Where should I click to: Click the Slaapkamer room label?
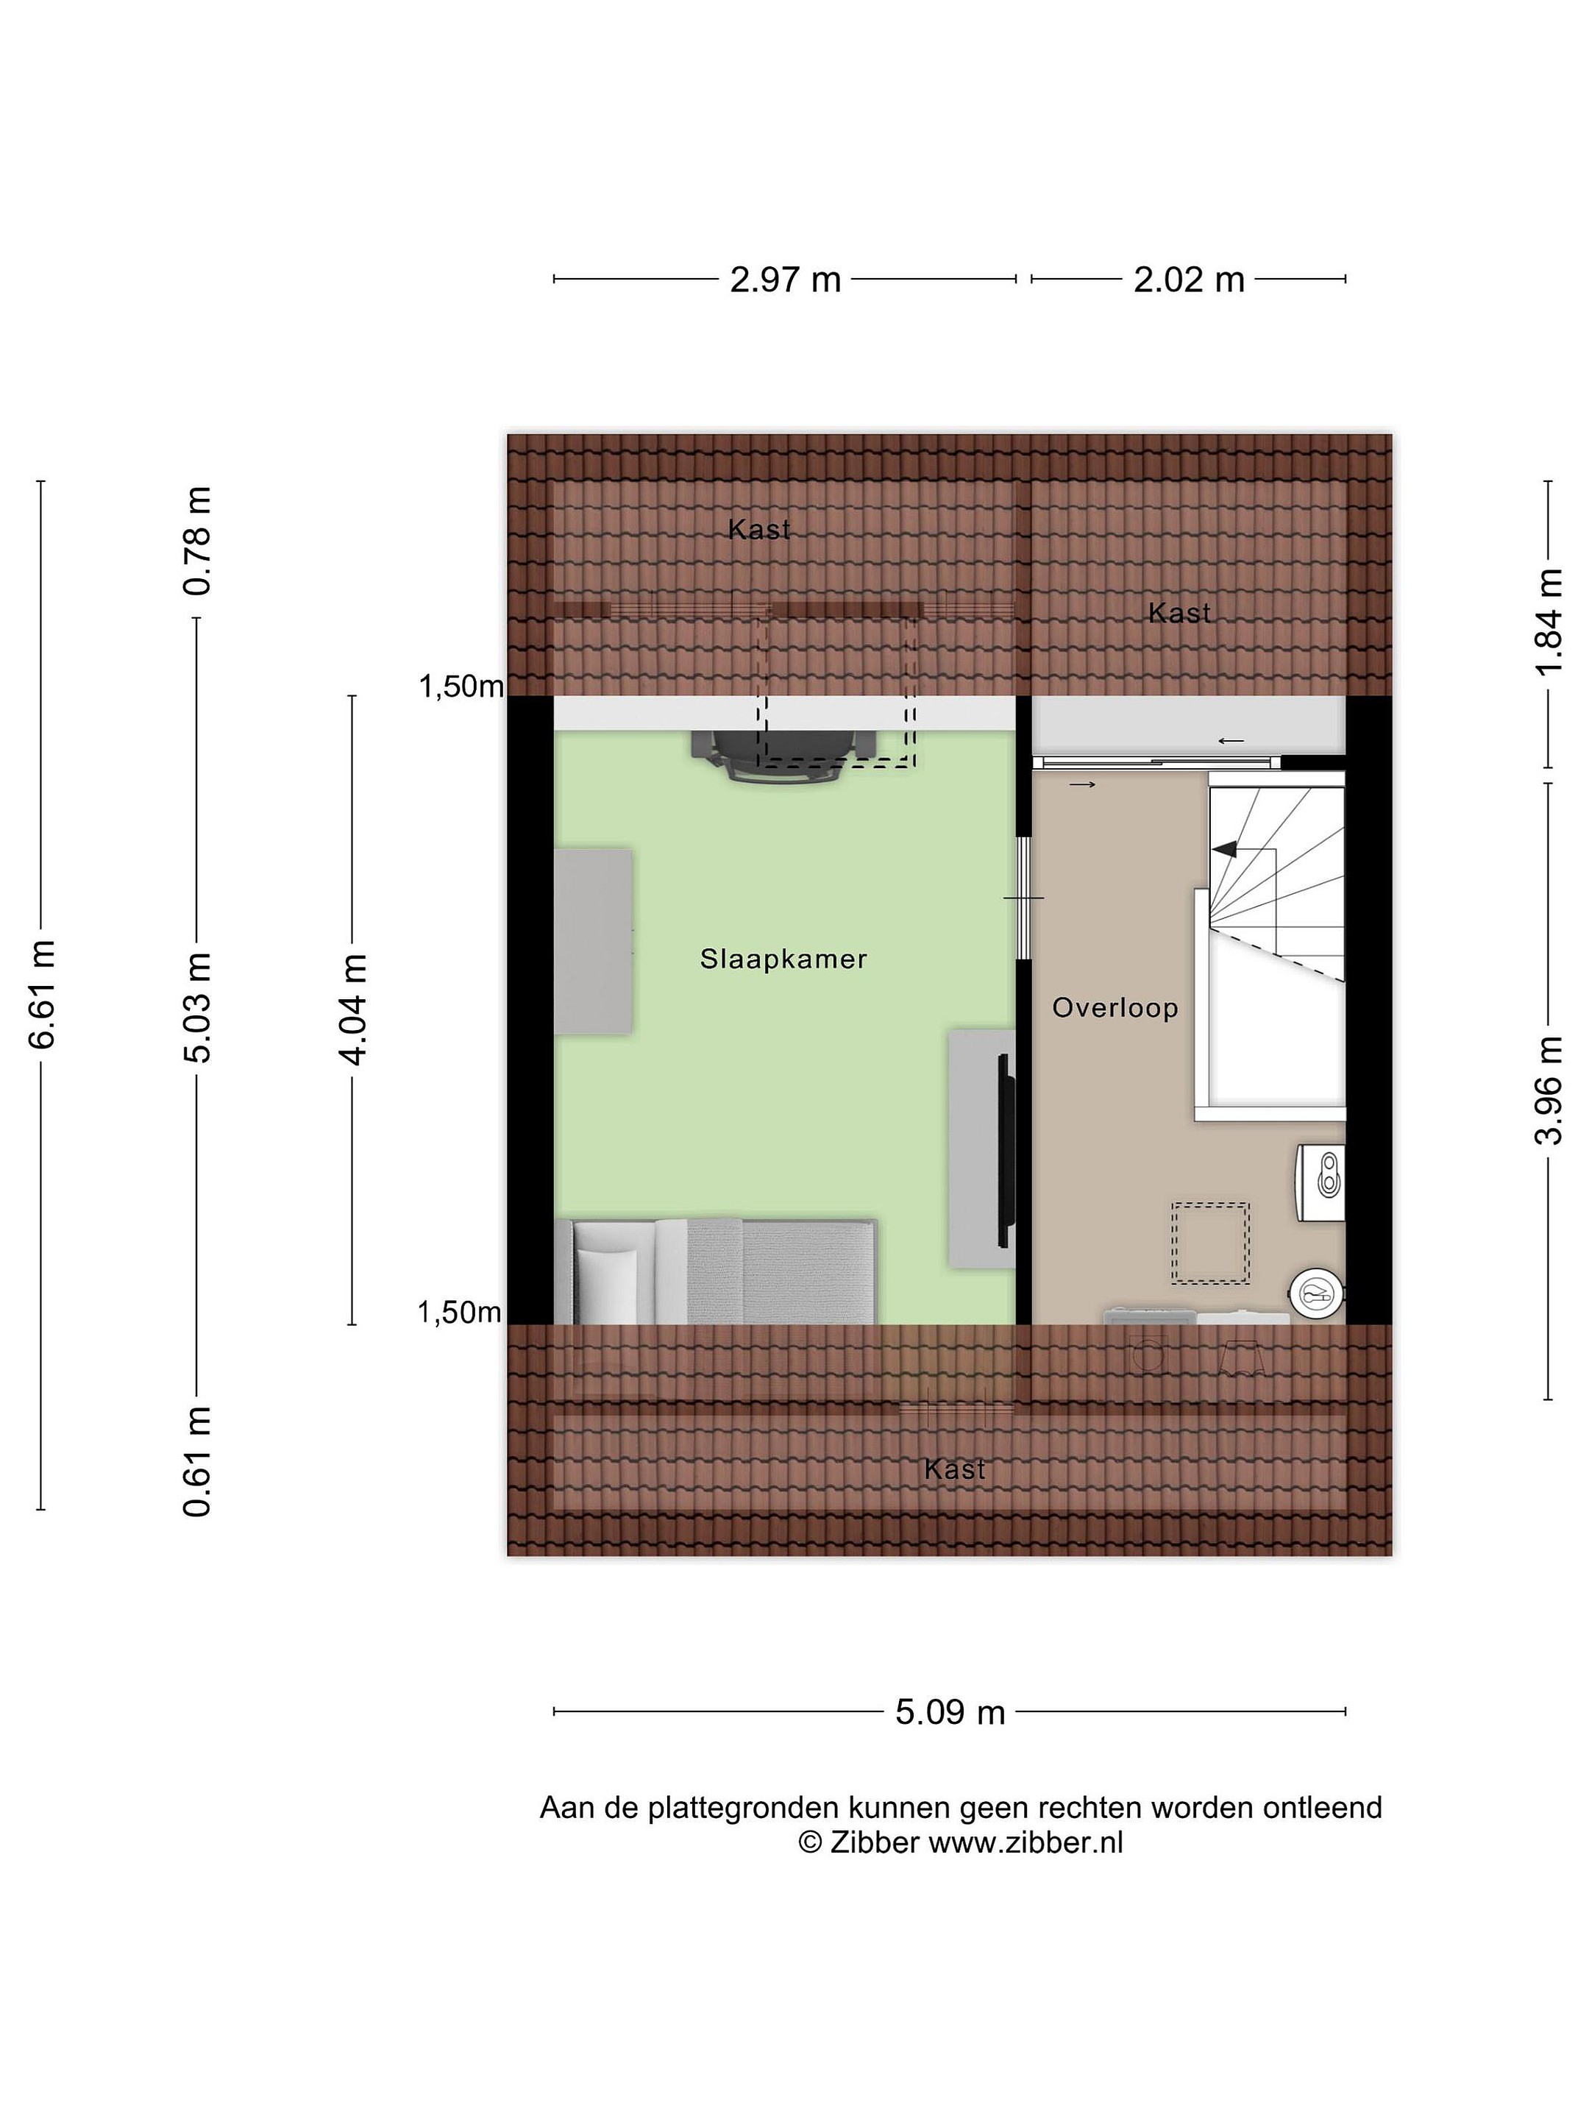click(x=783, y=959)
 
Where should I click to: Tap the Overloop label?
click(x=1115, y=1008)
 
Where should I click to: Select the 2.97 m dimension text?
click(x=786, y=280)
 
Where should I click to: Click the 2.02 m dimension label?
click(x=1189, y=280)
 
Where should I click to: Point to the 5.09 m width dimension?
click(x=950, y=1712)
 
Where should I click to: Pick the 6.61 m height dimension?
click(x=43, y=994)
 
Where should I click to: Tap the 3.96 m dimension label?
click(x=1548, y=1090)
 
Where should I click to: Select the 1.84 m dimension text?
click(x=1548, y=622)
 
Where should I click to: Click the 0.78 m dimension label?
click(x=197, y=542)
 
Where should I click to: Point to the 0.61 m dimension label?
click(x=197, y=1462)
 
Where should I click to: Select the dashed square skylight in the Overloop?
click(x=1211, y=1243)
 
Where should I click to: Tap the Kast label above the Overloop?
click(x=1179, y=612)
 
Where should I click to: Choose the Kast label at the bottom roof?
click(x=955, y=1469)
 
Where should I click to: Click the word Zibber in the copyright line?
click(x=875, y=1842)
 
